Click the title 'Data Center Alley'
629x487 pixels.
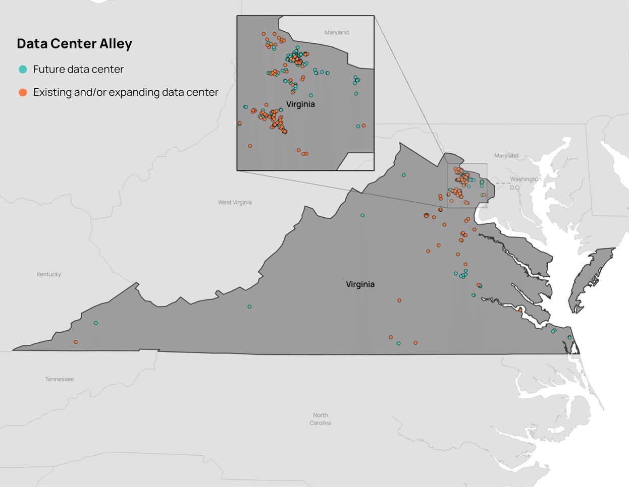click(74, 44)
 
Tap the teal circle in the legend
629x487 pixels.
click(23, 70)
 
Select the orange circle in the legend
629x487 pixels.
click(23, 92)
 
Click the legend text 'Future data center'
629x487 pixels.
click(78, 70)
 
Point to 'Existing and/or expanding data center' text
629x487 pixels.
click(126, 92)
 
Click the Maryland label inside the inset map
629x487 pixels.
click(336, 32)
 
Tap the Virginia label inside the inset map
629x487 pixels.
click(300, 104)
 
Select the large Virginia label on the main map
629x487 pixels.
click(360, 284)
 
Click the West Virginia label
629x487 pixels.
click(235, 202)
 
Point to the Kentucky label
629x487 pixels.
click(49, 274)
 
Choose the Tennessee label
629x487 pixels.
click(60, 379)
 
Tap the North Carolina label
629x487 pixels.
click(321, 419)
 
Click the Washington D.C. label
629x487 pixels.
click(525, 183)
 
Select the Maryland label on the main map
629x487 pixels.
click(506, 155)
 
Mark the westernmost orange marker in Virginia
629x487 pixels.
click(76, 342)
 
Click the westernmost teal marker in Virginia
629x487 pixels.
click(96, 323)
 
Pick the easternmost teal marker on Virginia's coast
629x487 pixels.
click(569, 337)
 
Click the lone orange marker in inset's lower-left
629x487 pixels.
click(250, 146)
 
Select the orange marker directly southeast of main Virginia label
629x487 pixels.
click(399, 300)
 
